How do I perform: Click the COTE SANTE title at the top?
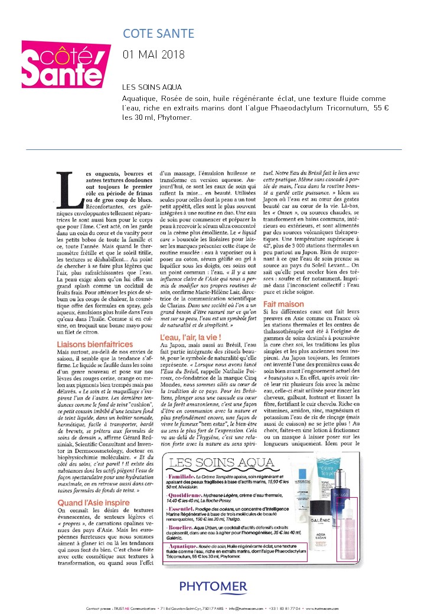click(x=158, y=34)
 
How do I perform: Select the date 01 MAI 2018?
click(x=153, y=54)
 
